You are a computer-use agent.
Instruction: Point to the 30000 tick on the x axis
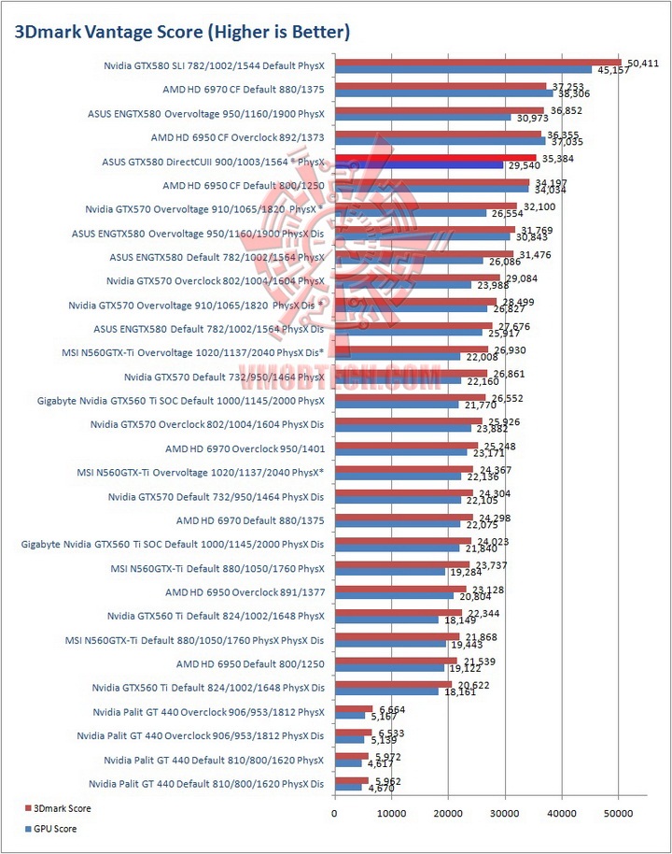click(504, 814)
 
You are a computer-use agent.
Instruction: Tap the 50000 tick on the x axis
click(618, 814)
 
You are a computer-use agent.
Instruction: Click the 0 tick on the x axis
click(334, 814)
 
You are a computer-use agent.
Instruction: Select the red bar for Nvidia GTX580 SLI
click(477, 63)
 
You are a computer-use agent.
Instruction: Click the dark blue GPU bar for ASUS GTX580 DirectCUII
click(418, 165)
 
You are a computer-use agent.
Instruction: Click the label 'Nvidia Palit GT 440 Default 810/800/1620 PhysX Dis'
click(206, 783)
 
